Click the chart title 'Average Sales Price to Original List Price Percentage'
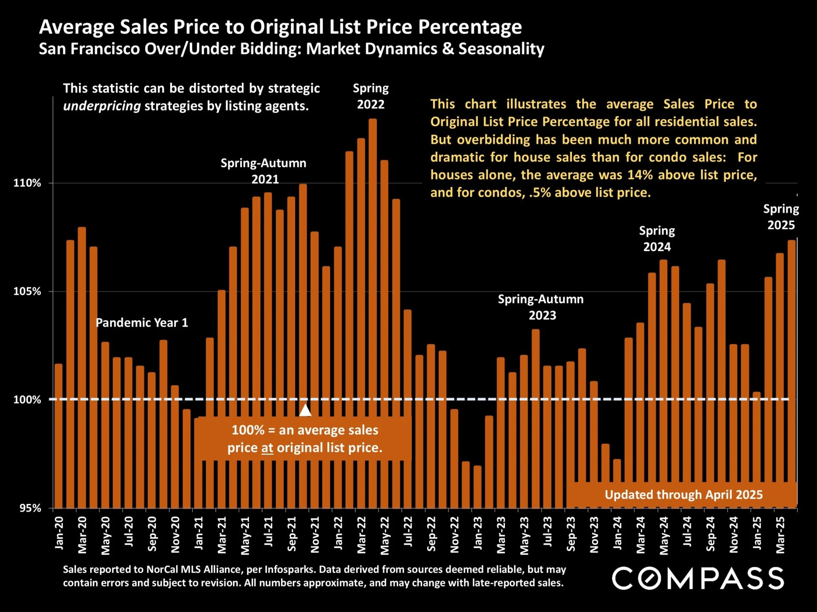(x=280, y=27)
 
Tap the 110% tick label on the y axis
(x=27, y=183)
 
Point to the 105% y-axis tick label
(x=27, y=291)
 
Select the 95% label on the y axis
(x=30, y=508)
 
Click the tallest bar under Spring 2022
(x=373, y=298)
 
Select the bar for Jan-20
(x=59, y=434)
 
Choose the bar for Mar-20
(x=82, y=366)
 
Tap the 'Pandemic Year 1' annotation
(x=142, y=323)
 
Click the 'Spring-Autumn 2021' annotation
(x=264, y=171)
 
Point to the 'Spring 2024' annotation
(x=657, y=239)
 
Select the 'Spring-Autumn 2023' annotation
(x=541, y=307)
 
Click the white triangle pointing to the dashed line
(x=305, y=410)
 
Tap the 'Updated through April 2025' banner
(x=683, y=495)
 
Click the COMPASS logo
(x=698, y=578)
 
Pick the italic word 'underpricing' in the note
(x=102, y=106)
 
